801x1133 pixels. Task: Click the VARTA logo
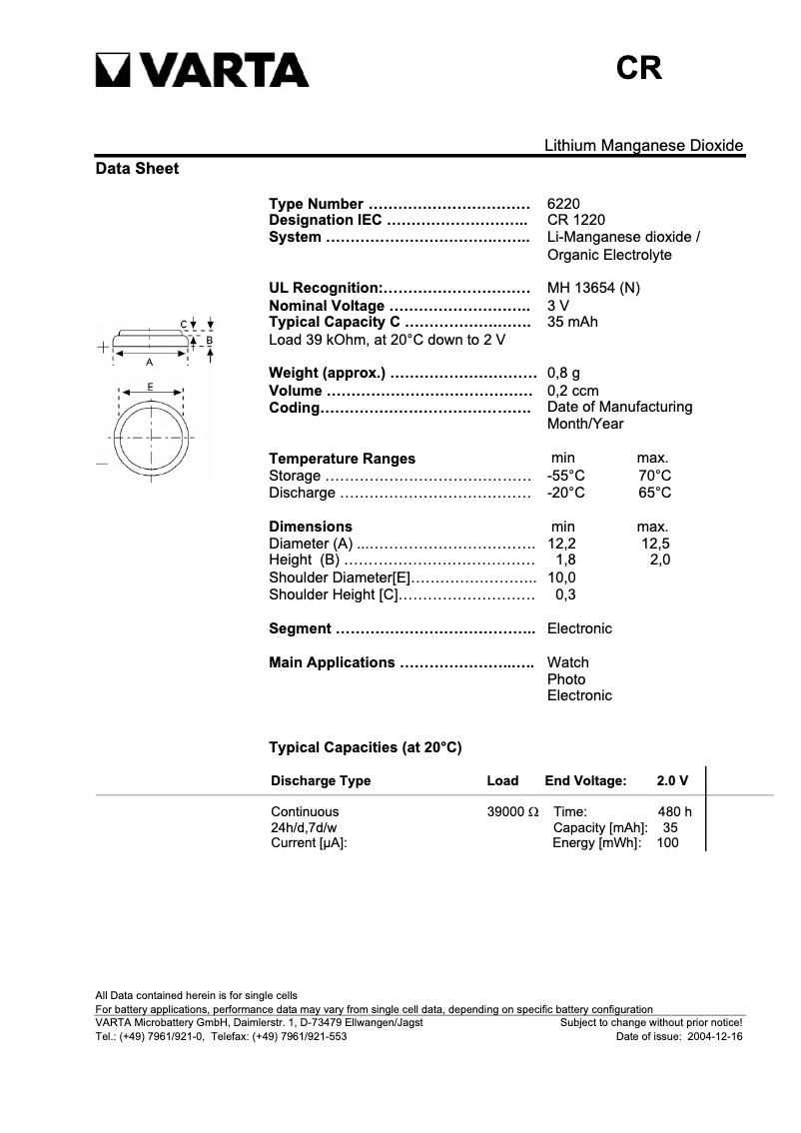coord(202,69)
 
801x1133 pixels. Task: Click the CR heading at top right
coord(639,68)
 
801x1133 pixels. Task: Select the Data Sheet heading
coord(137,169)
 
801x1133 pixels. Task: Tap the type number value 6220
coord(563,203)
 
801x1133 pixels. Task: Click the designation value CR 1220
coord(575,220)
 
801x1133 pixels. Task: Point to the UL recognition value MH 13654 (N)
coord(593,288)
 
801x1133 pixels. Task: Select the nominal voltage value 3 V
coord(558,305)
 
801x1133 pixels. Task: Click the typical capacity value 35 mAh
coord(572,322)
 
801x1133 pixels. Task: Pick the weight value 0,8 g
coord(563,374)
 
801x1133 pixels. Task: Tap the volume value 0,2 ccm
coord(572,391)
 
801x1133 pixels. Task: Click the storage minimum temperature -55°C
coord(566,476)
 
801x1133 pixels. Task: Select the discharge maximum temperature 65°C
coord(654,493)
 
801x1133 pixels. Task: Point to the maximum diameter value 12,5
coord(654,544)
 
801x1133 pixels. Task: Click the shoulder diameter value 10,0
coord(562,577)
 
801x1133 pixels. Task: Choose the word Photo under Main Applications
coord(566,679)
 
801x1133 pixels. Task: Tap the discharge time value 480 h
coord(674,811)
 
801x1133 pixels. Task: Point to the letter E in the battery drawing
coord(150,386)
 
